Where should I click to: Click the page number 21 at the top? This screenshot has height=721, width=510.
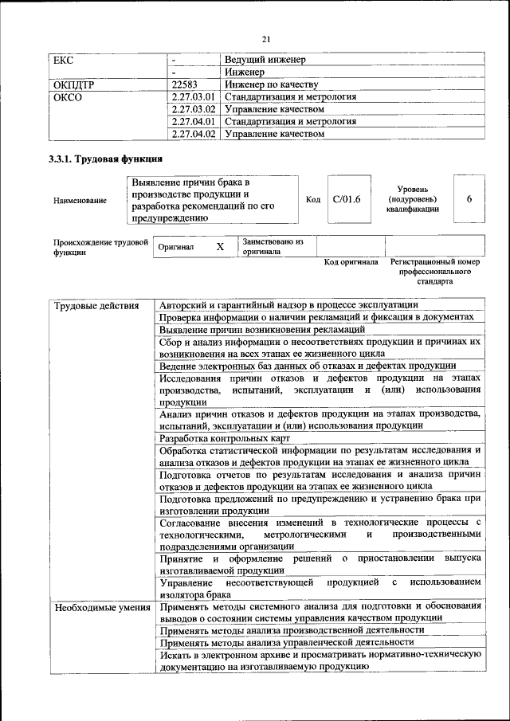click(x=266, y=39)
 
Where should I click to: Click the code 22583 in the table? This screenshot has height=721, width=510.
click(x=184, y=84)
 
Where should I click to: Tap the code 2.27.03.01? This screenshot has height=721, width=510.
click(x=194, y=97)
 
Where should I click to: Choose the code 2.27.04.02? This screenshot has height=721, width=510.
click(x=194, y=134)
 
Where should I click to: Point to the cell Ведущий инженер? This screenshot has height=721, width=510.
click(x=265, y=60)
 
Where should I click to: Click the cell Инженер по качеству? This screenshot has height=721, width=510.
click(x=272, y=84)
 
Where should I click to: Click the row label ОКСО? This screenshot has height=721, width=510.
click(x=67, y=97)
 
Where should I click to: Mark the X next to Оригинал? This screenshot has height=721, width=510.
click(x=221, y=247)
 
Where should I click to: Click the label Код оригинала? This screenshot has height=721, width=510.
click(x=351, y=262)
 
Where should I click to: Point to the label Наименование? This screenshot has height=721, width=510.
click(x=80, y=201)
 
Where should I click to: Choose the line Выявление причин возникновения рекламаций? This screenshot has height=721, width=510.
click(x=262, y=328)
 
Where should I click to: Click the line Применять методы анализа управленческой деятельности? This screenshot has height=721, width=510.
click(x=287, y=641)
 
